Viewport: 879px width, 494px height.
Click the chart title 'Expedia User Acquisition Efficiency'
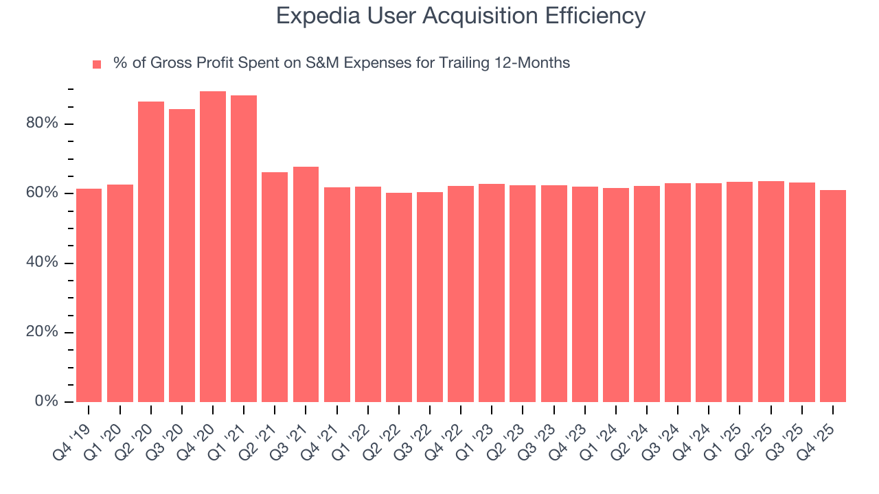(x=460, y=16)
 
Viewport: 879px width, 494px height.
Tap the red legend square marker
(x=97, y=64)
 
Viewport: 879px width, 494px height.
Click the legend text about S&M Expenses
(x=341, y=63)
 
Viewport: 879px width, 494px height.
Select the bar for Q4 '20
(x=213, y=246)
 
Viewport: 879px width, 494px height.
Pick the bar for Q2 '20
(x=151, y=251)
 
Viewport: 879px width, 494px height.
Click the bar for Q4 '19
(x=89, y=295)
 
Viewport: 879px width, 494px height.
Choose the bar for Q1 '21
(x=244, y=248)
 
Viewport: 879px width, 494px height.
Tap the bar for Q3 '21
(x=306, y=284)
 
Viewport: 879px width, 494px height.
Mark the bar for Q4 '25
(x=833, y=296)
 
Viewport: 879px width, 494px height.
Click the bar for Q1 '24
(x=616, y=294)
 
